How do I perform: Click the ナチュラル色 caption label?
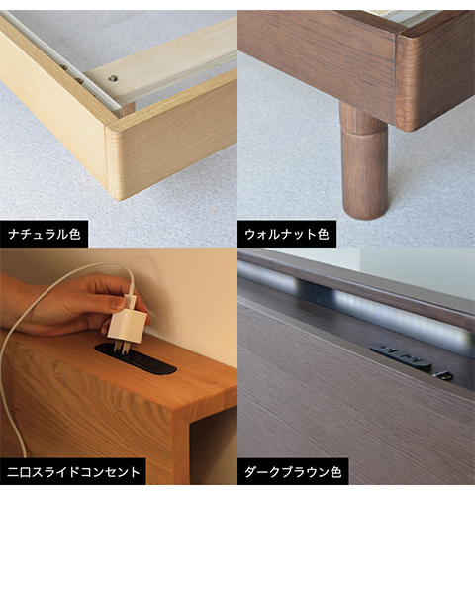tap(44, 234)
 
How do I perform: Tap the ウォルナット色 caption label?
tap(287, 234)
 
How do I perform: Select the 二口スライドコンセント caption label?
tap(73, 471)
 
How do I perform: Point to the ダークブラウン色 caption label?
tap(293, 471)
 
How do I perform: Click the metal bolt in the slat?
tap(112, 78)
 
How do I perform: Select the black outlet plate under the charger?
tap(136, 360)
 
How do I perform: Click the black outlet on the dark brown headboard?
tap(401, 356)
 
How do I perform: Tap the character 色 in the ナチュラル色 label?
tap(74, 234)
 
